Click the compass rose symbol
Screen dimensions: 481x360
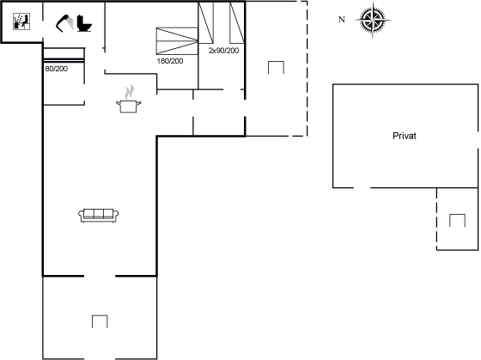click(373, 21)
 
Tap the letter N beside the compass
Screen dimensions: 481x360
click(342, 20)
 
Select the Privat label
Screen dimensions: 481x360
click(405, 136)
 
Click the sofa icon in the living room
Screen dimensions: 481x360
click(99, 215)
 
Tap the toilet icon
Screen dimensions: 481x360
click(84, 23)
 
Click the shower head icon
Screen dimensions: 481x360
click(64, 23)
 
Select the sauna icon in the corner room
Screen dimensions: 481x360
click(21, 21)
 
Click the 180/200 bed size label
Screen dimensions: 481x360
click(170, 61)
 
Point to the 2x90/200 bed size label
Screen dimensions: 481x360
click(223, 51)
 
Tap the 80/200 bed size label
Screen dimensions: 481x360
click(57, 69)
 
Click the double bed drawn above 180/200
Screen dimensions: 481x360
click(177, 41)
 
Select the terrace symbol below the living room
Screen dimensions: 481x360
click(100, 321)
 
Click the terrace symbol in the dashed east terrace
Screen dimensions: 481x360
click(276, 67)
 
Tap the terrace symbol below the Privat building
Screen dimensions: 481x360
click(457, 220)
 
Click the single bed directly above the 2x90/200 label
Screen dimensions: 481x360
click(206, 22)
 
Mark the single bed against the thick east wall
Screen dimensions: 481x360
click(237, 22)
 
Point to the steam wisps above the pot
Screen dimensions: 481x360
click(130, 92)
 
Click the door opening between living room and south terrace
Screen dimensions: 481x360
click(100, 276)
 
